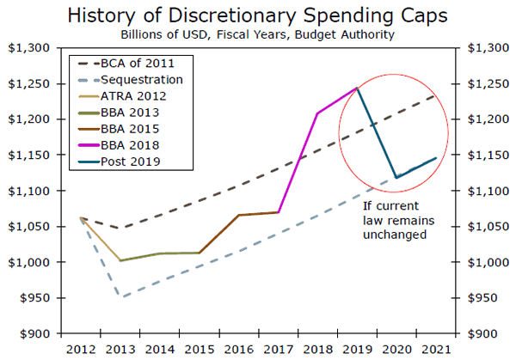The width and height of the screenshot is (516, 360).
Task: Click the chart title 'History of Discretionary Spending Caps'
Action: point(258,15)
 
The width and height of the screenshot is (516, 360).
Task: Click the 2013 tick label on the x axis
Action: point(120,350)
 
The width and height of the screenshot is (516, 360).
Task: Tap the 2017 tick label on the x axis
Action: point(279,350)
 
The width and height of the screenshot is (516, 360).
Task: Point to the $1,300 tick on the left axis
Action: point(30,48)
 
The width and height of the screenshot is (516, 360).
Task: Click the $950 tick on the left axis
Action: point(34,297)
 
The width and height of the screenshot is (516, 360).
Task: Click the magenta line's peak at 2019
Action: point(357,88)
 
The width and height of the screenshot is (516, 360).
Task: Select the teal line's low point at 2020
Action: point(396,177)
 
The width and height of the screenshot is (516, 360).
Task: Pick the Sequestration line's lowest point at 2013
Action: point(120,297)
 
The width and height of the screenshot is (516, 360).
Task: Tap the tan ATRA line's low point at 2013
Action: point(120,260)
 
